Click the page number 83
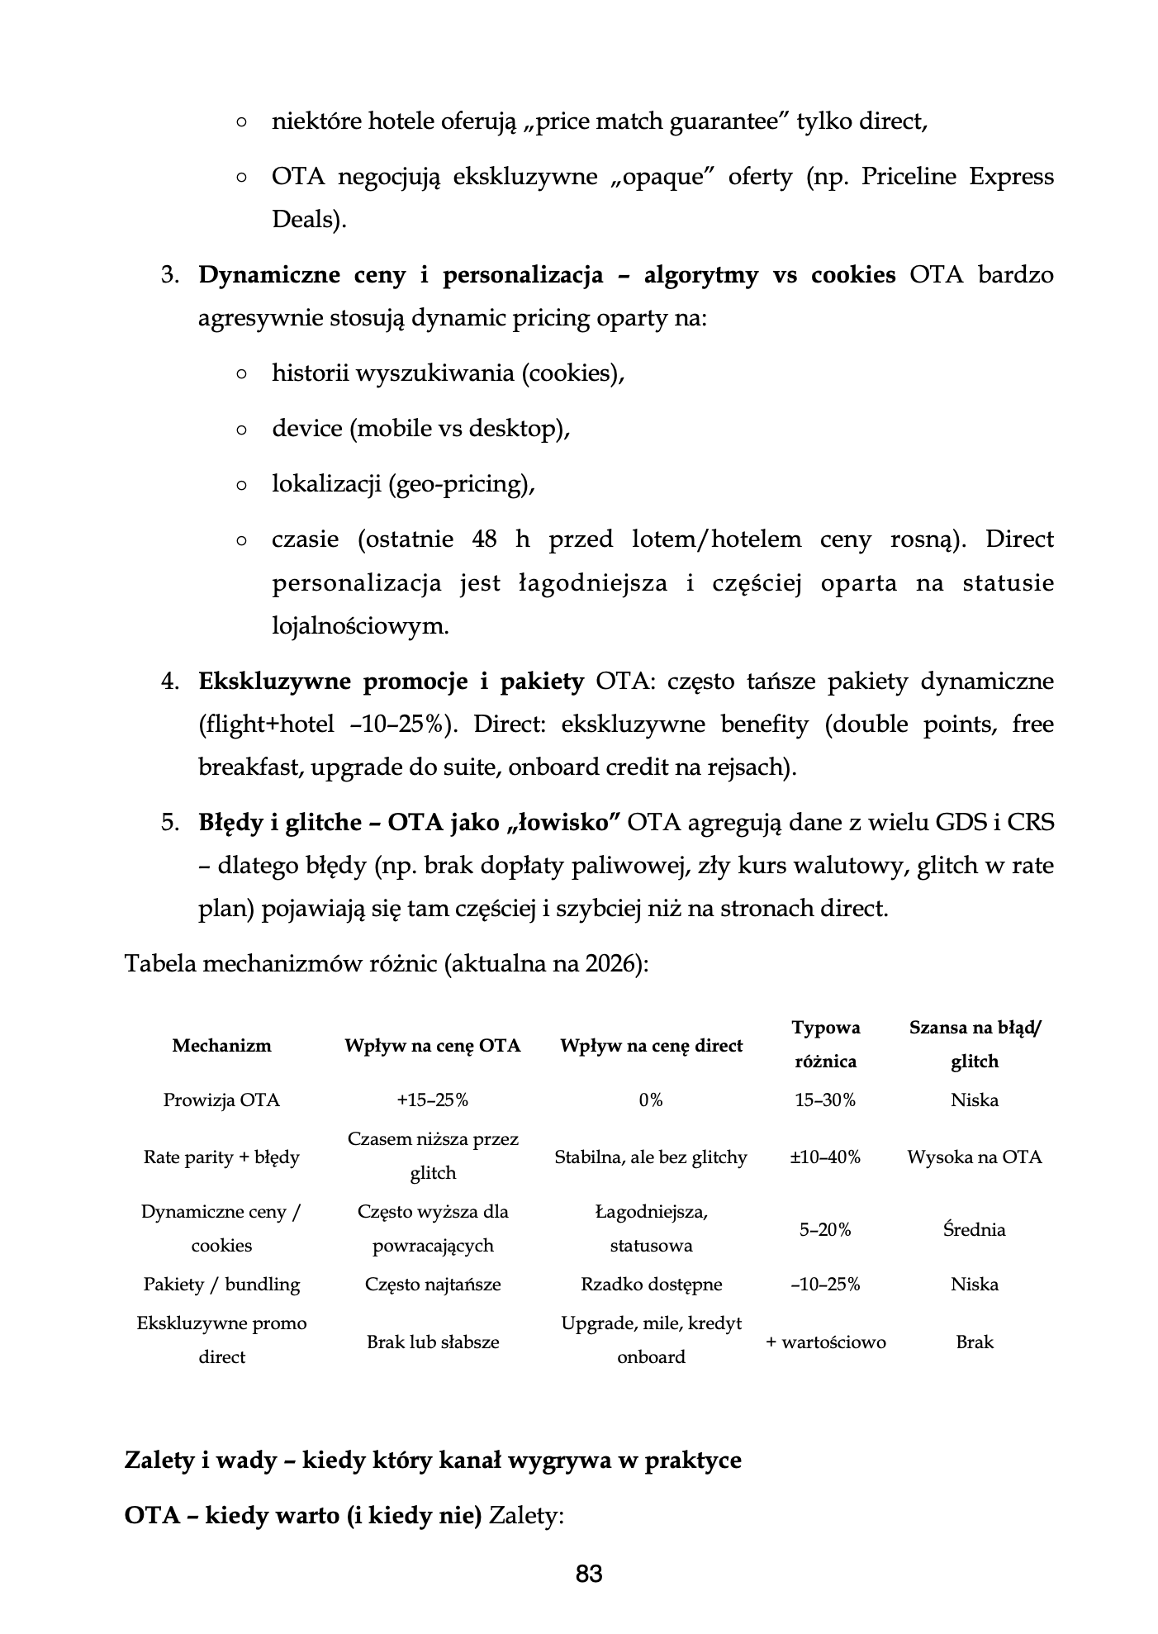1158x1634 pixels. pos(588,1574)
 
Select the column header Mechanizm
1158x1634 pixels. pos(221,1045)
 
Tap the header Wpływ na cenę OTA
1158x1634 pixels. pos(433,1045)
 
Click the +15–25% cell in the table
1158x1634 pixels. pos(433,1100)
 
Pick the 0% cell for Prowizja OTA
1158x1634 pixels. pos(651,1100)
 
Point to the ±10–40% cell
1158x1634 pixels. pos(825,1157)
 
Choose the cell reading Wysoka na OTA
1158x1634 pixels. pos(975,1157)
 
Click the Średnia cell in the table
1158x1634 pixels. pos(975,1229)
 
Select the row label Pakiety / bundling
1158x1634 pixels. pos(221,1284)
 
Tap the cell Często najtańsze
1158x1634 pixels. pos(433,1284)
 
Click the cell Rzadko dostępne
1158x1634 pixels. pos(651,1284)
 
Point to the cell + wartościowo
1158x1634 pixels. pos(825,1342)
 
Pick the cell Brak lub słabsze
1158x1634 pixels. pos(433,1342)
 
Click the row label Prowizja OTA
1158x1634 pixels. pos(221,1100)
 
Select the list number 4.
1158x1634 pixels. pos(170,682)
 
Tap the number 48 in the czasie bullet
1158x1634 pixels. pos(485,539)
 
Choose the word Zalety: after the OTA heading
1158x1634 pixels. pos(526,1516)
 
